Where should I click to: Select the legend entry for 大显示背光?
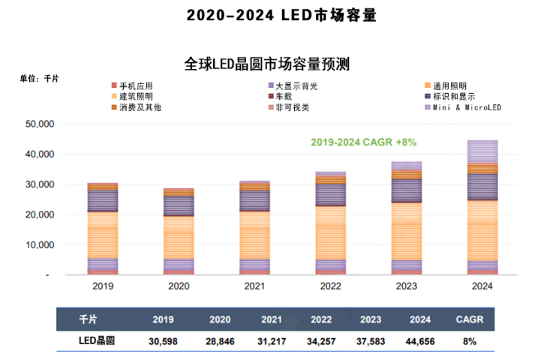pos(296,86)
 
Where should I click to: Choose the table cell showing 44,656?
pos(420,340)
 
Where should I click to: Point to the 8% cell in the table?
pos(470,340)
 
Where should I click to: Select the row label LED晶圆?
pos(96,340)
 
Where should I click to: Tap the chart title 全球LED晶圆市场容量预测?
pos(267,64)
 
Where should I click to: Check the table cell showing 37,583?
pos(370,340)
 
